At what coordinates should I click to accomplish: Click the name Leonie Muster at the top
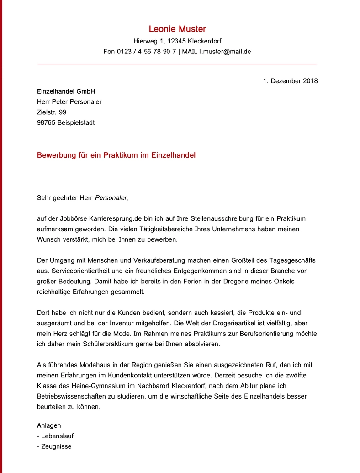pos(177,29)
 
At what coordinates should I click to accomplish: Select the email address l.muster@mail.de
pos(225,52)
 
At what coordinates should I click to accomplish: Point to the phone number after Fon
pos(146,52)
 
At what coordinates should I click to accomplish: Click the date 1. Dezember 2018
pos(290,81)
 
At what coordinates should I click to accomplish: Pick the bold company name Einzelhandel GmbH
pos(66,91)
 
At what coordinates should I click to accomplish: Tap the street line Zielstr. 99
pos(52,112)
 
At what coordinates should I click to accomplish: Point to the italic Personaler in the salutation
pos(111,198)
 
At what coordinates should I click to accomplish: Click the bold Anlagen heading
pos(49,425)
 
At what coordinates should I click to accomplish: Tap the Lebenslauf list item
pos(57,436)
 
